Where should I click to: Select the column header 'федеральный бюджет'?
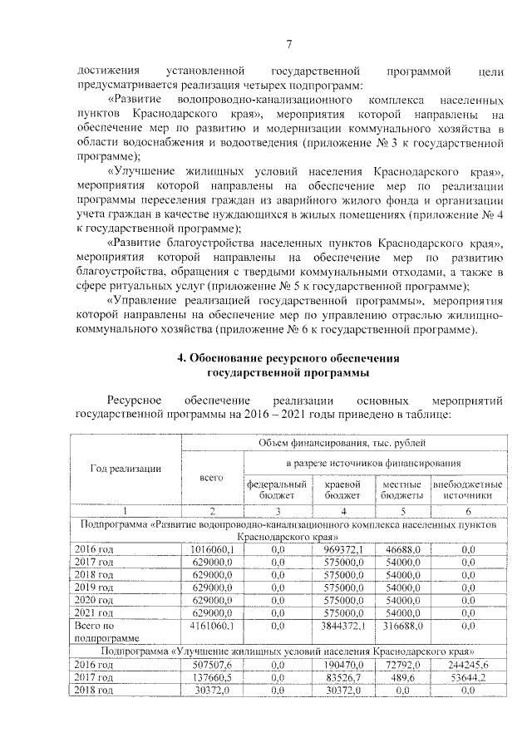[278, 489]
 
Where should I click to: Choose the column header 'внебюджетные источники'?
[467, 489]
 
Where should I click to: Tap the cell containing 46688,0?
[403, 550]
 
